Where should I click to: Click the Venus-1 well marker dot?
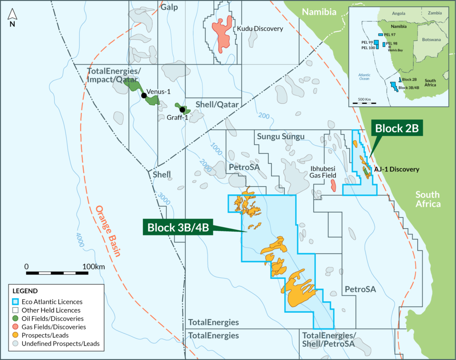pyautogui.click(x=143, y=95)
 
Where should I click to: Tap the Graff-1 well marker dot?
pyautogui.click(x=182, y=110)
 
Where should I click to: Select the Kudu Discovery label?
pyautogui.click(x=260, y=29)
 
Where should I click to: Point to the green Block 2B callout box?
pyautogui.click(x=396, y=129)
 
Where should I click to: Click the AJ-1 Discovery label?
pyautogui.click(x=397, y=169)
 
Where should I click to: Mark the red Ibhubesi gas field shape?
pyautogui.click(x=333, y=186)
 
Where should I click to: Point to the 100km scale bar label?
pyautogui.click(x=93, y=266)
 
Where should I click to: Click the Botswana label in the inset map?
pyautogui.click(x=430, y=39)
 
